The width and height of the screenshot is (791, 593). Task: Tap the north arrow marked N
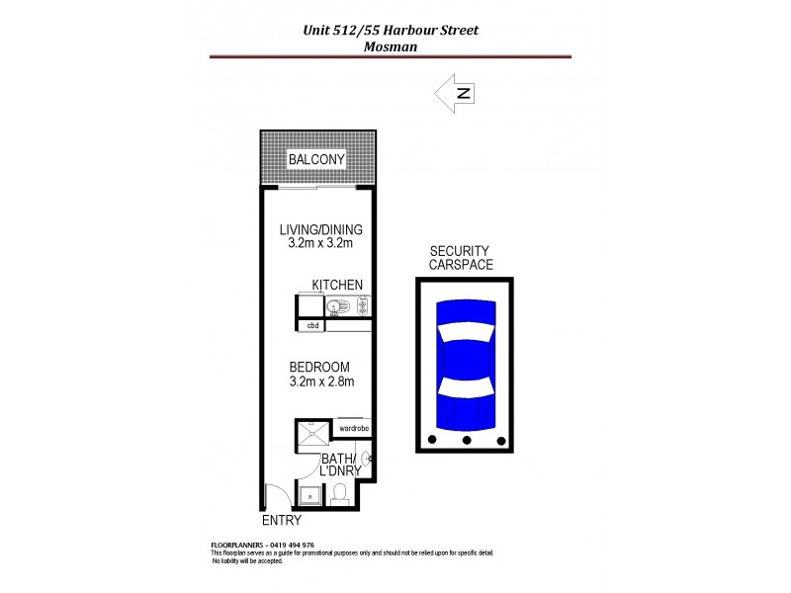click(456, 94)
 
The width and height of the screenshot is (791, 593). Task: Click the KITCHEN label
click(337, 285)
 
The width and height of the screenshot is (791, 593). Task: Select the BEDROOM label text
click(319, 366)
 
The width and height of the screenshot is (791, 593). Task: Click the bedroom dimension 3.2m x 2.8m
click(321, 381)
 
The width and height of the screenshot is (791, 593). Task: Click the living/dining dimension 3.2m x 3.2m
click(320, 242)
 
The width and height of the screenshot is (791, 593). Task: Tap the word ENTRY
click(281, 520)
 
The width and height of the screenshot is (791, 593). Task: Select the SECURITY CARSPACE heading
click(461, 258)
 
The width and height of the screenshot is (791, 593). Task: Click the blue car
click(464, 361)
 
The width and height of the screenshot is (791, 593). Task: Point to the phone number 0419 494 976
click(291, 545)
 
